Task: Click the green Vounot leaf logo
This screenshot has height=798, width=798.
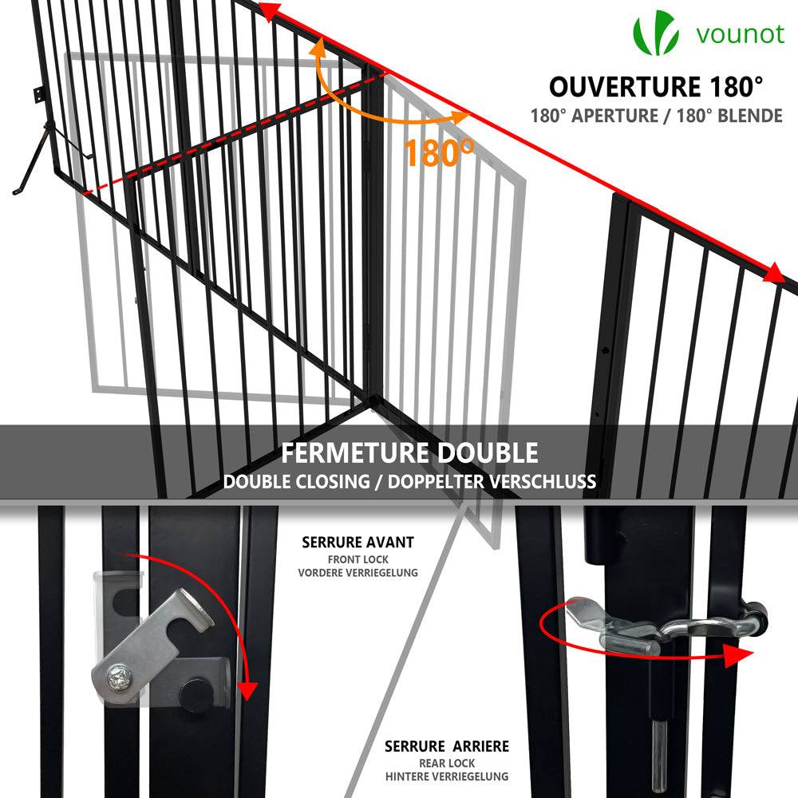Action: [655, 33]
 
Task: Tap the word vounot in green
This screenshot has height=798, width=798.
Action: [741, 34]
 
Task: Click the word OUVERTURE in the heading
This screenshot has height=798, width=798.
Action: [625, 86]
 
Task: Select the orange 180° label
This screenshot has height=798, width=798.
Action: [439, 152]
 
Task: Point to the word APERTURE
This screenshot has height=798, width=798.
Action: [614, 116]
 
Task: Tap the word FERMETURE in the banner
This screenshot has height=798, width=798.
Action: [355, 453]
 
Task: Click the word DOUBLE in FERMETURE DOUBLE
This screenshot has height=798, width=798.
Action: [487, 453]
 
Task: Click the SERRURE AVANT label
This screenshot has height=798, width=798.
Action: [358, 543]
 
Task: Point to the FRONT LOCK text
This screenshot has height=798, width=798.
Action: [358, 559]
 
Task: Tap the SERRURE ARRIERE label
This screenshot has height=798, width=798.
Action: [447, 747]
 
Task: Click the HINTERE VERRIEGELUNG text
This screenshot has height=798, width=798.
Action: [447, 776]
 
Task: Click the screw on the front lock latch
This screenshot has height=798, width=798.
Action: [120, 678]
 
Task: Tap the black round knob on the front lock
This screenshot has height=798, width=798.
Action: [197, 693]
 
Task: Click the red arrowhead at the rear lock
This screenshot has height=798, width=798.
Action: [737, 654]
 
